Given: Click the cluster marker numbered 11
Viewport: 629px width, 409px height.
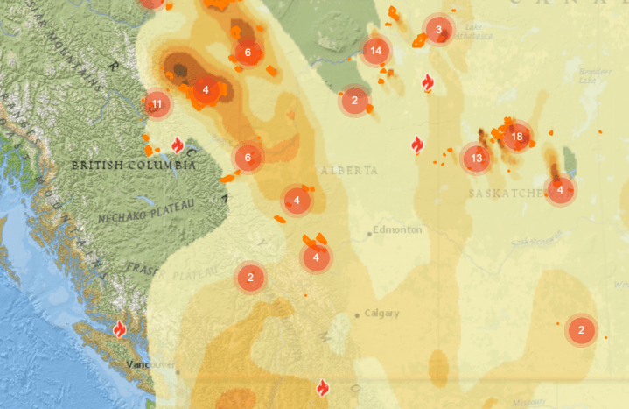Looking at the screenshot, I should pos(157,105).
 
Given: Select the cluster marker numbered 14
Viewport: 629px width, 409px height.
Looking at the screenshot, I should pos(376,51).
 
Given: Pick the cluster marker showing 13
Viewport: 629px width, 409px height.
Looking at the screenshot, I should pos(476,159).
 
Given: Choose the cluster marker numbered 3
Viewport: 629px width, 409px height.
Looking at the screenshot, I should pos(438,30).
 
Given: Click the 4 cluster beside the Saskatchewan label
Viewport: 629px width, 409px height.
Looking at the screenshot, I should pos(560,189).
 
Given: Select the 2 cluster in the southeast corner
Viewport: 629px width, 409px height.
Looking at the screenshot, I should pos(581,330).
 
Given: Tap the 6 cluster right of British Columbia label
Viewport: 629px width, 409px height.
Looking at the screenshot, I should pos(248,159).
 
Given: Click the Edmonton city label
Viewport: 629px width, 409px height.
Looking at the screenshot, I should pos(397,229).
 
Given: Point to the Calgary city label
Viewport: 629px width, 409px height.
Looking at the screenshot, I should pos(382,313).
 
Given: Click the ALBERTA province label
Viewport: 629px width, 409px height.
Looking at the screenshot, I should pos(349,170).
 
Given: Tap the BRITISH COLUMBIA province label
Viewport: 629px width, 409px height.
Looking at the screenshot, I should pos(133,165).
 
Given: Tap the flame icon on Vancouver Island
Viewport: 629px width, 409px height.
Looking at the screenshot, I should pos(120,329).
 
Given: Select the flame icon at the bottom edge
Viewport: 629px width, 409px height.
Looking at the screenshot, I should pos(322,386).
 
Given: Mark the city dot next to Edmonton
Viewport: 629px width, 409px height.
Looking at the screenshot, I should pos(368,234).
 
